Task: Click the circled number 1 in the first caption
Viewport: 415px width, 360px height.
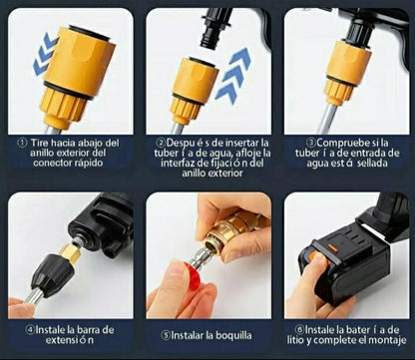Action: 22,144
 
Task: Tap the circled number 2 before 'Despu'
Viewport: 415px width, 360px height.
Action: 162,143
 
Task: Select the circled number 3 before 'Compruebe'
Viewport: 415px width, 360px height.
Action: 311,143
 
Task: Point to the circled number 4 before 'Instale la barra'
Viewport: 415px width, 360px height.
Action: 31,330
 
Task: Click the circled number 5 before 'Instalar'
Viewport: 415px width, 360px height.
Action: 166,335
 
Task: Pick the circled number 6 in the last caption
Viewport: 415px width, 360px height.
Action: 299,330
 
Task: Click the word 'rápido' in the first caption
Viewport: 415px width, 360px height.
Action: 88,164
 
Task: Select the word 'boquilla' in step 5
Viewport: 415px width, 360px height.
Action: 233,335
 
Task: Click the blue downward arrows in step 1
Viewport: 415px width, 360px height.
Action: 45,53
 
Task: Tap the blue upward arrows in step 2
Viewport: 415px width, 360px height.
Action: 232,75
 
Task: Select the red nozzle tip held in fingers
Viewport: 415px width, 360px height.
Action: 193,273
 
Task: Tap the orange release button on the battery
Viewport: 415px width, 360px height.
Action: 332,248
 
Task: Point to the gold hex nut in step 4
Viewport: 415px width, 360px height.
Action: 71,252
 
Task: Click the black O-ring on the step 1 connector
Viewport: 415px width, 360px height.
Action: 68,90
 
